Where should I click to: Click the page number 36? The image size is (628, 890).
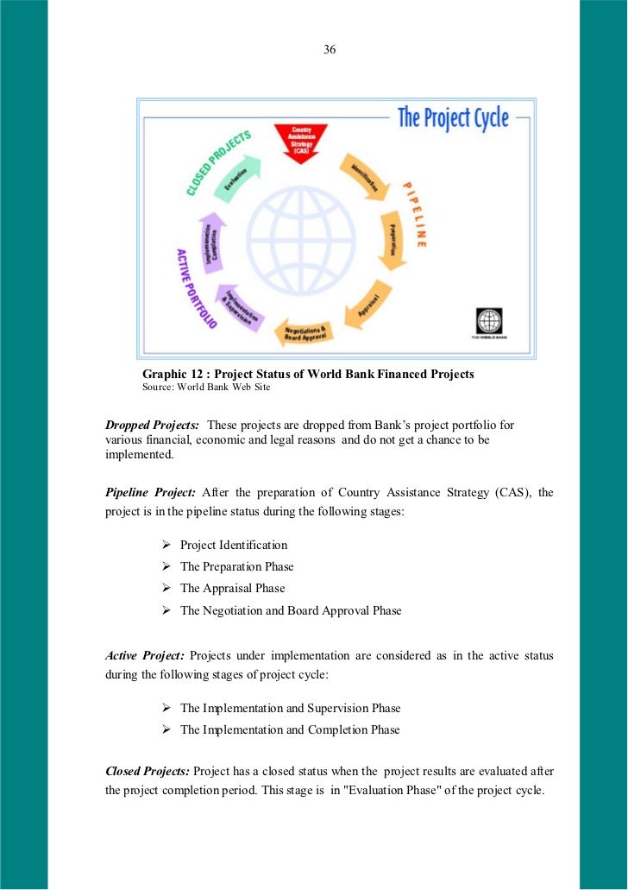point(330,49)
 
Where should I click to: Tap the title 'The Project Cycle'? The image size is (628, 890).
point(453,117)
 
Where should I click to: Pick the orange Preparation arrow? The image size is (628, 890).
point(392,243)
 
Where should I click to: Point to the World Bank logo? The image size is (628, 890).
point(487,324)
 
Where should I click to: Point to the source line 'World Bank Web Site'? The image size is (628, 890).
point(224,388)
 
